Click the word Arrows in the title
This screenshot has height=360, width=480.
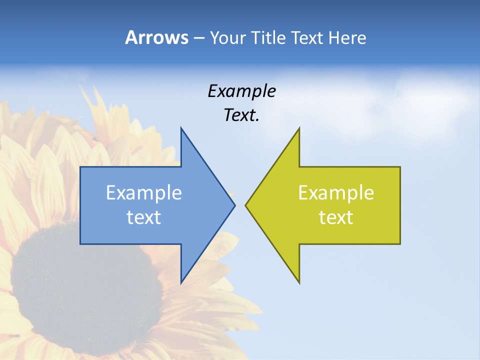[156, 37]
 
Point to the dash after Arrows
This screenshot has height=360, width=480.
[198, 38]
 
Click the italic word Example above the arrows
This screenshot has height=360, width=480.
[241, 91]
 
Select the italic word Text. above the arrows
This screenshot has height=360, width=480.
[241, 115]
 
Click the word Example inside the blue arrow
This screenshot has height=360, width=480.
[144, 192]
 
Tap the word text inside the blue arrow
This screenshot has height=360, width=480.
[144, 217]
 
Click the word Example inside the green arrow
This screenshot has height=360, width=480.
[336, 192]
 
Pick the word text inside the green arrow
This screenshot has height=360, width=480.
[336, 217]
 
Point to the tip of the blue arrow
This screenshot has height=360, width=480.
[234, 205]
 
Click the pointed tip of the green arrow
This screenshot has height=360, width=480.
[245, 205]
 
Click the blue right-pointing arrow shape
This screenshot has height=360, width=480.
[200, 230]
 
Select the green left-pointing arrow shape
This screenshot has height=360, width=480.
[280, 230]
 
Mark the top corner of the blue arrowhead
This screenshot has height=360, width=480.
[181, 128]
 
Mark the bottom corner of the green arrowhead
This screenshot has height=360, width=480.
[299, 283]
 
